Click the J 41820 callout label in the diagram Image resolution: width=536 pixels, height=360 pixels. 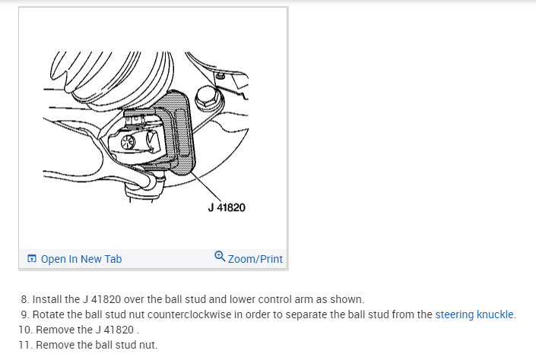[x=226, y=207]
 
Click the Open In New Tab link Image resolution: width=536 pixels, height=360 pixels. [x=81, y=259]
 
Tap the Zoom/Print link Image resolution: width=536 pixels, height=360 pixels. [x=255, y=259]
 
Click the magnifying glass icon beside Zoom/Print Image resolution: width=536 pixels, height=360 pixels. [x=220, y=257]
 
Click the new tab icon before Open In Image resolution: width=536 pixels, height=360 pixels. [x=32, y=259]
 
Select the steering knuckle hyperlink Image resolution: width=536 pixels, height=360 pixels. [x=474, y=314]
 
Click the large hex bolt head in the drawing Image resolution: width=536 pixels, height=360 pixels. [x=208, y=99]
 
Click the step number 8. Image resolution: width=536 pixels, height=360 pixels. [x=24, y=299]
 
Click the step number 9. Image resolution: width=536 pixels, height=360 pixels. [x=24, y=314]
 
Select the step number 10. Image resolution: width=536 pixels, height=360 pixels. [x=24, y=330]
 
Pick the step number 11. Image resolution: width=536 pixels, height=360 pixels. [x=24, y=345]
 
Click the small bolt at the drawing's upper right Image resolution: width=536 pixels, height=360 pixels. [x=219, y=77]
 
